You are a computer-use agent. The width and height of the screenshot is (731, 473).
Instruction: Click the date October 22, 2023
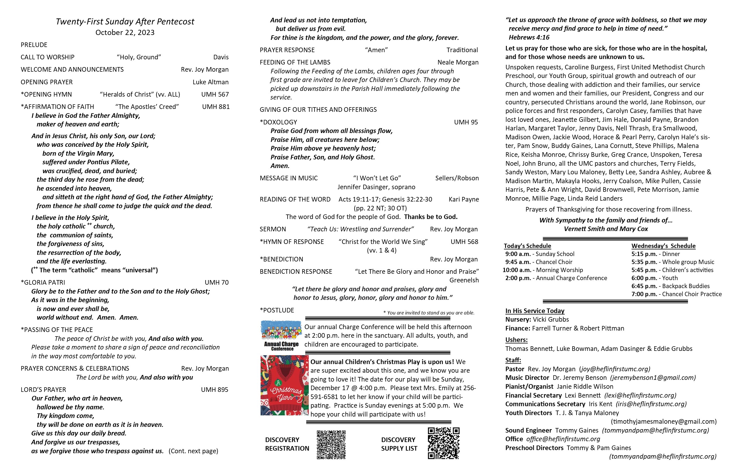pos(125,33)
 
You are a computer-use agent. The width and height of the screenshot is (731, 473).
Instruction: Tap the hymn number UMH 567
pos(215,94)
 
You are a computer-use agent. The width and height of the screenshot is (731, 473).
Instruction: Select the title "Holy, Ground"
pos(139,57)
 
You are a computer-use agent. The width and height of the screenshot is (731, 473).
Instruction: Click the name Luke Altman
pos(210,82)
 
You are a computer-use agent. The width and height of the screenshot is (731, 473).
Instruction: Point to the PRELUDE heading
pos(34,45)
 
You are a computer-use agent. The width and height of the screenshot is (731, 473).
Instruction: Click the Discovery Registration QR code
pos(331,444)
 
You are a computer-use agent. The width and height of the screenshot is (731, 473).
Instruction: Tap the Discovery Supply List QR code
pos(443,443)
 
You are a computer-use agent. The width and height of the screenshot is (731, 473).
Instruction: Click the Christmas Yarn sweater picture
pos(284,385)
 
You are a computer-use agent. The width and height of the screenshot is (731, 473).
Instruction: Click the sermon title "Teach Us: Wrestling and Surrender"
pos(360,229)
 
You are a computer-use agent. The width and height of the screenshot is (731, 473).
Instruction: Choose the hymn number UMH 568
pos(464,242)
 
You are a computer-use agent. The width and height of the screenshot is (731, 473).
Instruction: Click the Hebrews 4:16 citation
pos(529,38)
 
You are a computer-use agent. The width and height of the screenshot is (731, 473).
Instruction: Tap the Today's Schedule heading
pos(527,246)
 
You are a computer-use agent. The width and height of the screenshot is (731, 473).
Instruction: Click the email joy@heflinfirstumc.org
pos(615,369)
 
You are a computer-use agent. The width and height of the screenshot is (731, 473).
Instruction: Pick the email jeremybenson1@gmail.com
pos(653,378)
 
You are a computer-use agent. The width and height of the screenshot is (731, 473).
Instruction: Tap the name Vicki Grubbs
pos(551,319)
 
